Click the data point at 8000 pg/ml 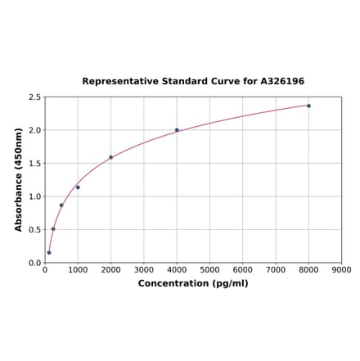pyautogui.click(x=308, y=106)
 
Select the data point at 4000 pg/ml pyautogui.click(x=177, y=129)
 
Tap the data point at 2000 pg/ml pyautogui.click(x=111, y=157)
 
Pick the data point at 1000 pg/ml pyautogui.click(x=78, y=187)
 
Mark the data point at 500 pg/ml pyautogui.click(x=61, y=205)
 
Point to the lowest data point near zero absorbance pyautogui.click(x=49, y=252)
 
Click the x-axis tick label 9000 pyautogui.click(x=341, y=269)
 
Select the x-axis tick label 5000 pyautogui.click(x=209, y=269)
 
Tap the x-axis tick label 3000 pyautogui.click(x=144, y=269)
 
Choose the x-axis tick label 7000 pyautogui.click(x=276, y=269)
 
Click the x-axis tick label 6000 pyautogui.click(x=243, y=269)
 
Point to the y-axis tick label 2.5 pyautogui.click(x=35, y=97)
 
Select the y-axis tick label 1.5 pyautogui.click(x=35, y=164)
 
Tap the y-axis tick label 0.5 pyautogui.click(x=35, y=230)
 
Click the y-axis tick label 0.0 pyautogui.click(x=35, y=263)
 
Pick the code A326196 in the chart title pyautogui.click(x=282, y=82)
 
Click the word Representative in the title pyautogui.click(x=117, y=82)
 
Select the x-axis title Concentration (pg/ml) pyautogui.click(x=193, y=283)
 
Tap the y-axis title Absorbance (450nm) pyautogui.click(x=19, y=179)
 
